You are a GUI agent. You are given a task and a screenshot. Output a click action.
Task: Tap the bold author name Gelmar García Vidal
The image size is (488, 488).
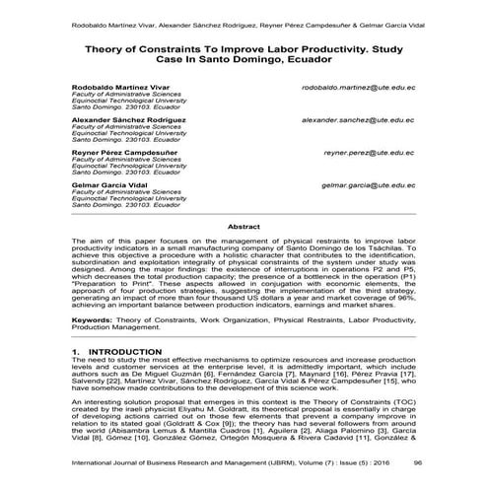point(109,185)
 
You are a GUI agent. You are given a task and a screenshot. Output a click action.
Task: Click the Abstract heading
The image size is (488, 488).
point(244,227)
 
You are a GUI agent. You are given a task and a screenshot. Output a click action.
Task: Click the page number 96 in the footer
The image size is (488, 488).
point(418,461)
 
